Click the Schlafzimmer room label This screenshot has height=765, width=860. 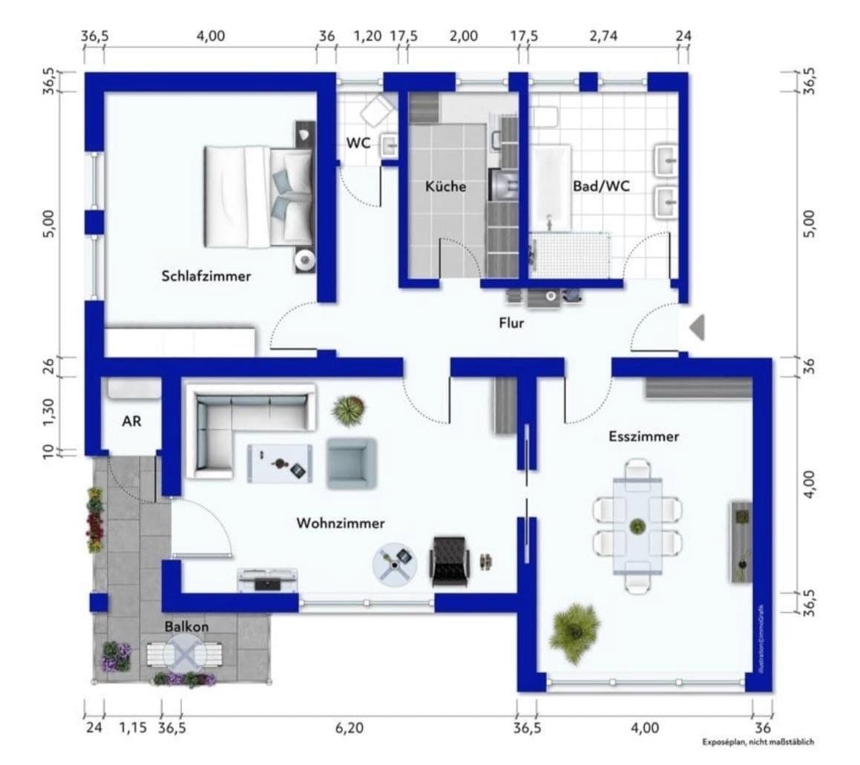[206, 276]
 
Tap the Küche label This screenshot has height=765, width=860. [445, 186]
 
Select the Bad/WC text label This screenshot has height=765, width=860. [601, 186]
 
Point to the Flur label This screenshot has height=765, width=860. [511, 323]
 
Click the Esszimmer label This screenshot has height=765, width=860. [643, 436]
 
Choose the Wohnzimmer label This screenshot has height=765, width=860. [341, 523]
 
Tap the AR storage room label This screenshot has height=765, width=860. [131, 421]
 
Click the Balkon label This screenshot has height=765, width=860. [186, 626]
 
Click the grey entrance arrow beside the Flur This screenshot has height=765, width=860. [697, 327]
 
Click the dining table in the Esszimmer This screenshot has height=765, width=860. [637, 526]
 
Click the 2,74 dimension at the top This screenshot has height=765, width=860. [603, 36]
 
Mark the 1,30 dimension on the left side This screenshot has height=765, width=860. [49, 413]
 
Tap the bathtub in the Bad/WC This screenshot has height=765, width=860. [551, 187]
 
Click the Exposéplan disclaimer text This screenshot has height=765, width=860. [758, 741]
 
